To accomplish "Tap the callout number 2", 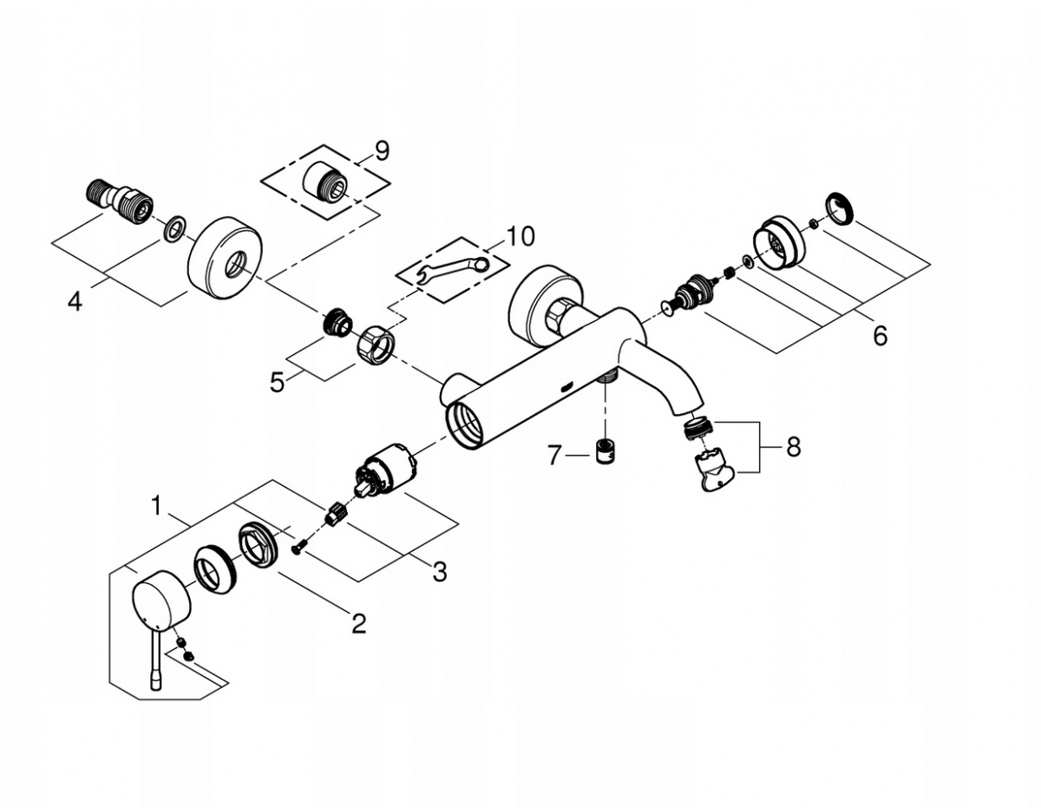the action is (x=359, y=623).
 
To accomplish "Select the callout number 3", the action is (x=439, y=571).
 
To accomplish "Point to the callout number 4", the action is (x=75, y=302).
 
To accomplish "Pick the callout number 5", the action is (x=278, y=383).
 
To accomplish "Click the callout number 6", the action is (x=880, y=335).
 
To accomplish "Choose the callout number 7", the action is (x=553, y=456).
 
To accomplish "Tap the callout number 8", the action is (x=793, y=447).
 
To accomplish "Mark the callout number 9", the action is (x=382, y=151).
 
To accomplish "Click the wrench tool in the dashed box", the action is (x=452, y=269).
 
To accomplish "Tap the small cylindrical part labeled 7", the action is (x=606, y=450).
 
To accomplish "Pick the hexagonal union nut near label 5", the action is (x=375, y=343).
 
